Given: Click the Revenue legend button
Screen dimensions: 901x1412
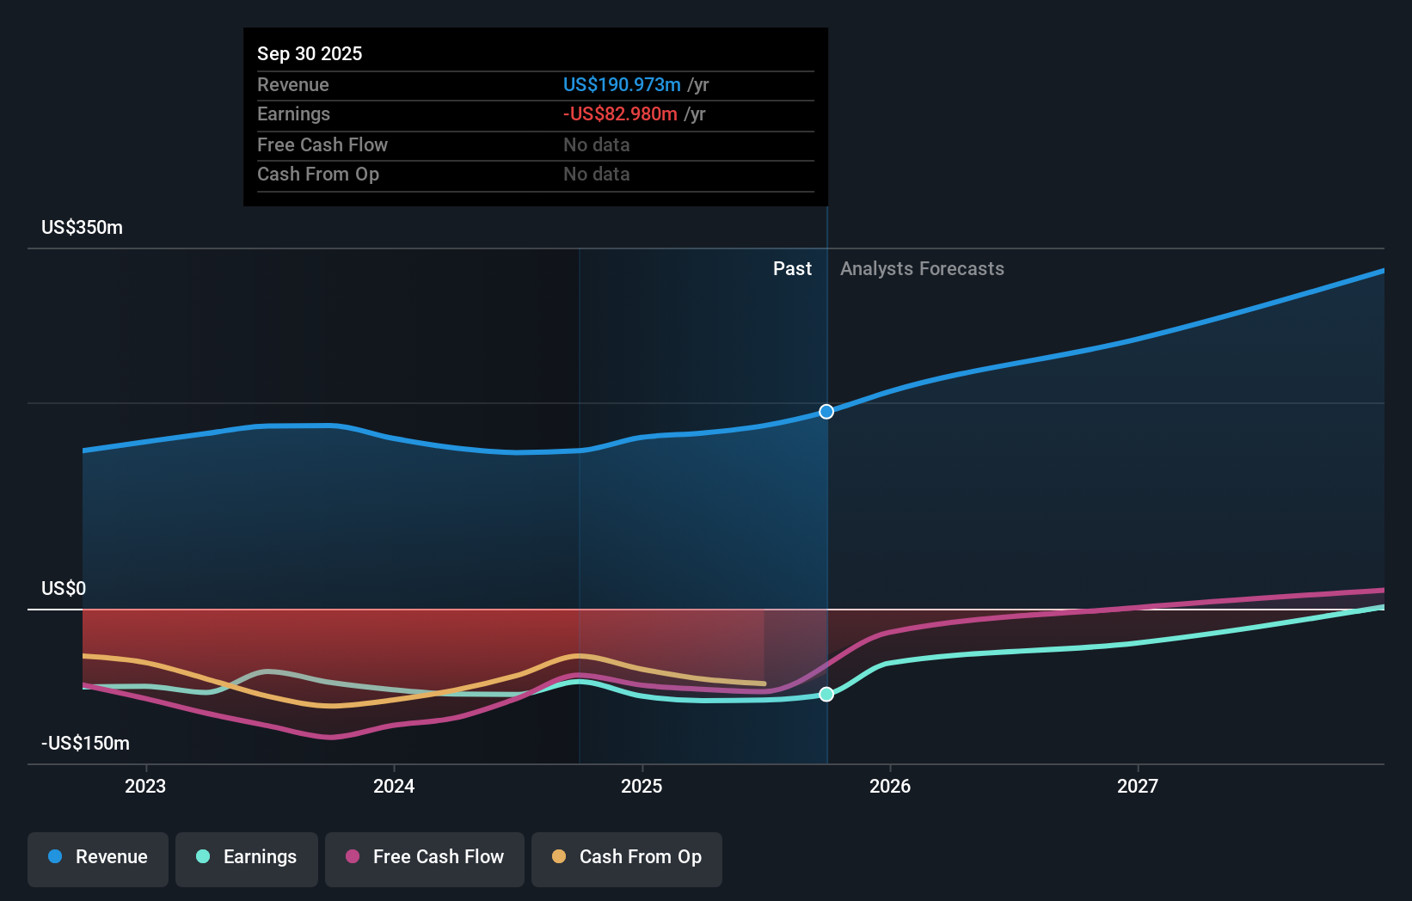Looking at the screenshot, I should point(98,857).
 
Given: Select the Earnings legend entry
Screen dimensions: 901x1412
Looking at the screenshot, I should point(247,857).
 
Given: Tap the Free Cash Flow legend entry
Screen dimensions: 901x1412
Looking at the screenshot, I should point(425,857).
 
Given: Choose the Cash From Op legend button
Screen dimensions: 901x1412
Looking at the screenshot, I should point(627,857).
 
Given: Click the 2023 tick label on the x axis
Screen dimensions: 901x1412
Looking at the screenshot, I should point(145,786).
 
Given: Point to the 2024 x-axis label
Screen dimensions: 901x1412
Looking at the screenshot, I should point(394,786).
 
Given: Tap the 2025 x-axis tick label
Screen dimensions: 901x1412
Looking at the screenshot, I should point(642,786).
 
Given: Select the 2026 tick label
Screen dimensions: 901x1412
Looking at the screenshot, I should point(890,786).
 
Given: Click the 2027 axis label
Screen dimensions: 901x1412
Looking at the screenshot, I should point(1138,786).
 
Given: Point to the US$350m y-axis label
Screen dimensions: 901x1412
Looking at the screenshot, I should point(83,228).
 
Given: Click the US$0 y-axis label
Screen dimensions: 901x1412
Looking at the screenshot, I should point(64,589).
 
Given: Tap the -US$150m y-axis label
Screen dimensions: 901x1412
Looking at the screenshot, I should point(86,744).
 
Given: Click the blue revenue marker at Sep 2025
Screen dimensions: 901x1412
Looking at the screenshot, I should point(826,412).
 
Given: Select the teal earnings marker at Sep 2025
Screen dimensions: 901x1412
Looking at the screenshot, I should point(826,694).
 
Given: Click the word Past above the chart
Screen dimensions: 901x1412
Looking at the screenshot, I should point(792,269).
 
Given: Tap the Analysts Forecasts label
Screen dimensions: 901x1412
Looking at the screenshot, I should point(922,269).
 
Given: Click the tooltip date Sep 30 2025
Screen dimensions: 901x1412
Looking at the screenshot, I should point(310,54).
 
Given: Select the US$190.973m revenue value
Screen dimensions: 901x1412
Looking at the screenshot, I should point(622,85).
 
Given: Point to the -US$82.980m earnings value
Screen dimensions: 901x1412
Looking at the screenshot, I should point(620,114).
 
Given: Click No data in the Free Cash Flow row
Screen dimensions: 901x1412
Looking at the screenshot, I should point(597,145).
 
